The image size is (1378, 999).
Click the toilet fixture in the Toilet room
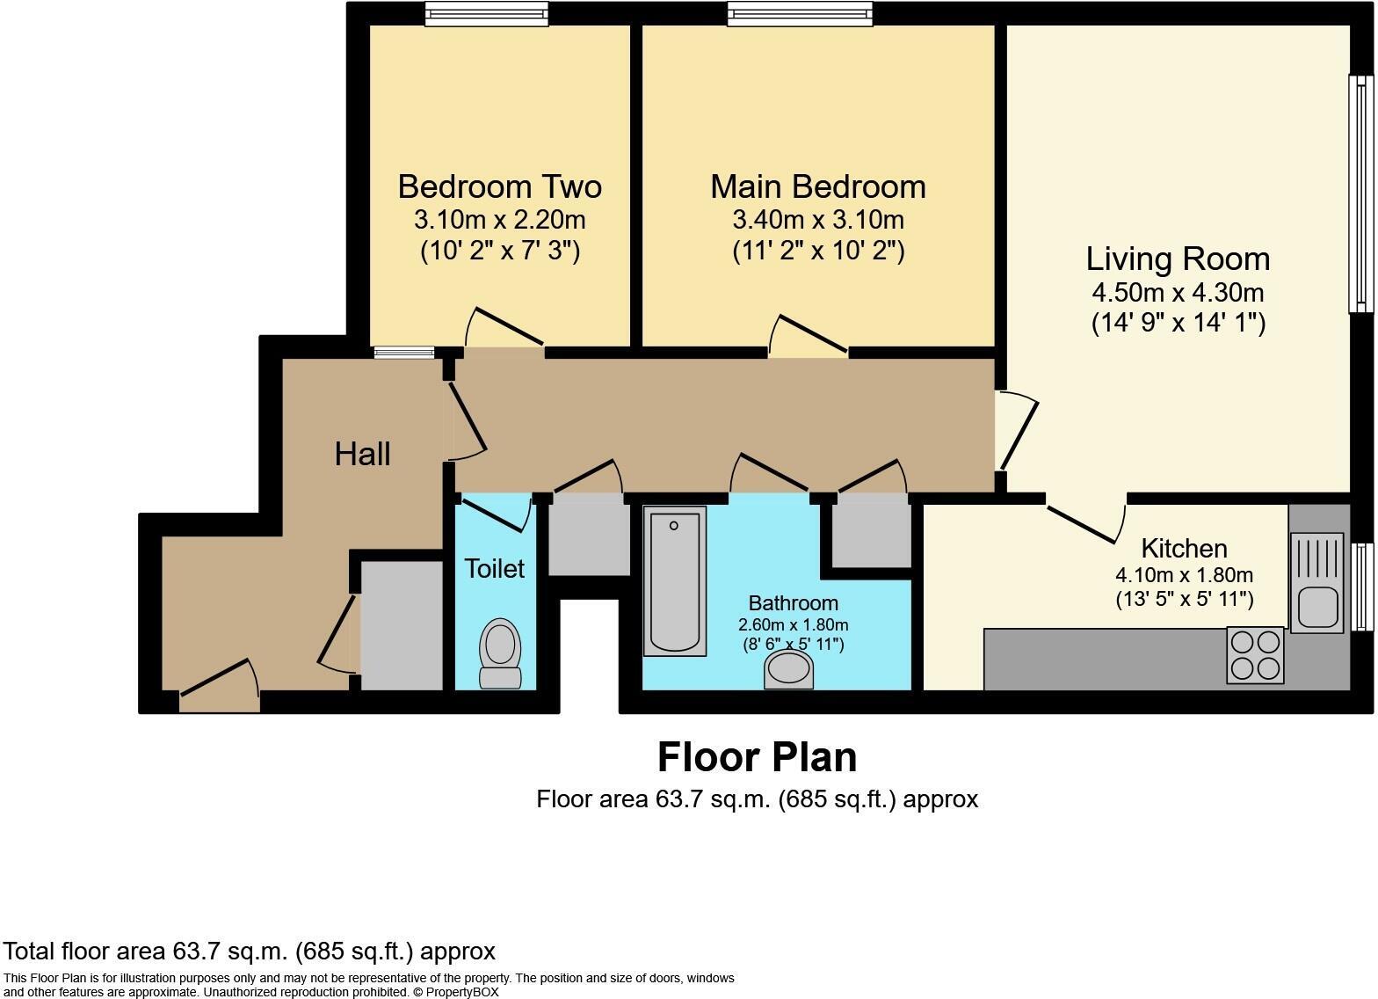point(499,653)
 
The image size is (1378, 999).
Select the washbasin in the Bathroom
point(788,670)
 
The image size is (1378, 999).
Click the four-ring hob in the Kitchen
point(1255,655)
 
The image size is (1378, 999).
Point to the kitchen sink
point(1316,583)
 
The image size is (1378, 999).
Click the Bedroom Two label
point(499,186)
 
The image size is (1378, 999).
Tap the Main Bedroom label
point(818,186)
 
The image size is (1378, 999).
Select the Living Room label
point(1178,259)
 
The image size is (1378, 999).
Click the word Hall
point(362,455)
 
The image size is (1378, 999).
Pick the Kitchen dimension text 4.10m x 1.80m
point(1185,575)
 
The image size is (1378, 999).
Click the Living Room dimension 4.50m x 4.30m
point(1178,292)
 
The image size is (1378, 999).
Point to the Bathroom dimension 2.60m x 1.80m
point(793,624)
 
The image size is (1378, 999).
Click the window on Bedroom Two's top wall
point(487,13)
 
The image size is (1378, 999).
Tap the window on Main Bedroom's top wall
point(800,13)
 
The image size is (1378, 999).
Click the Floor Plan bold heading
point(758,757)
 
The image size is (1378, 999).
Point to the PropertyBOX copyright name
point(462,992)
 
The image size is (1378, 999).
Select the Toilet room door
point(496,513)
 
